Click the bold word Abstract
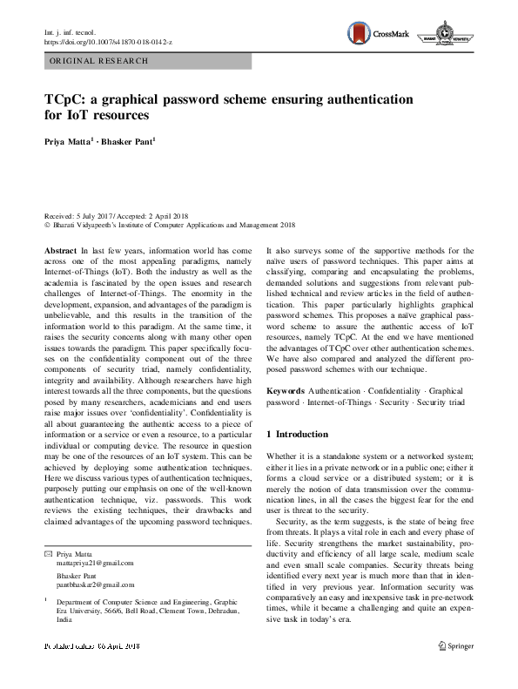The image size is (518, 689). (60, 250)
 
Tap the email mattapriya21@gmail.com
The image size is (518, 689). (95, 564)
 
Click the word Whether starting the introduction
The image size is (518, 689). (283, 456)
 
